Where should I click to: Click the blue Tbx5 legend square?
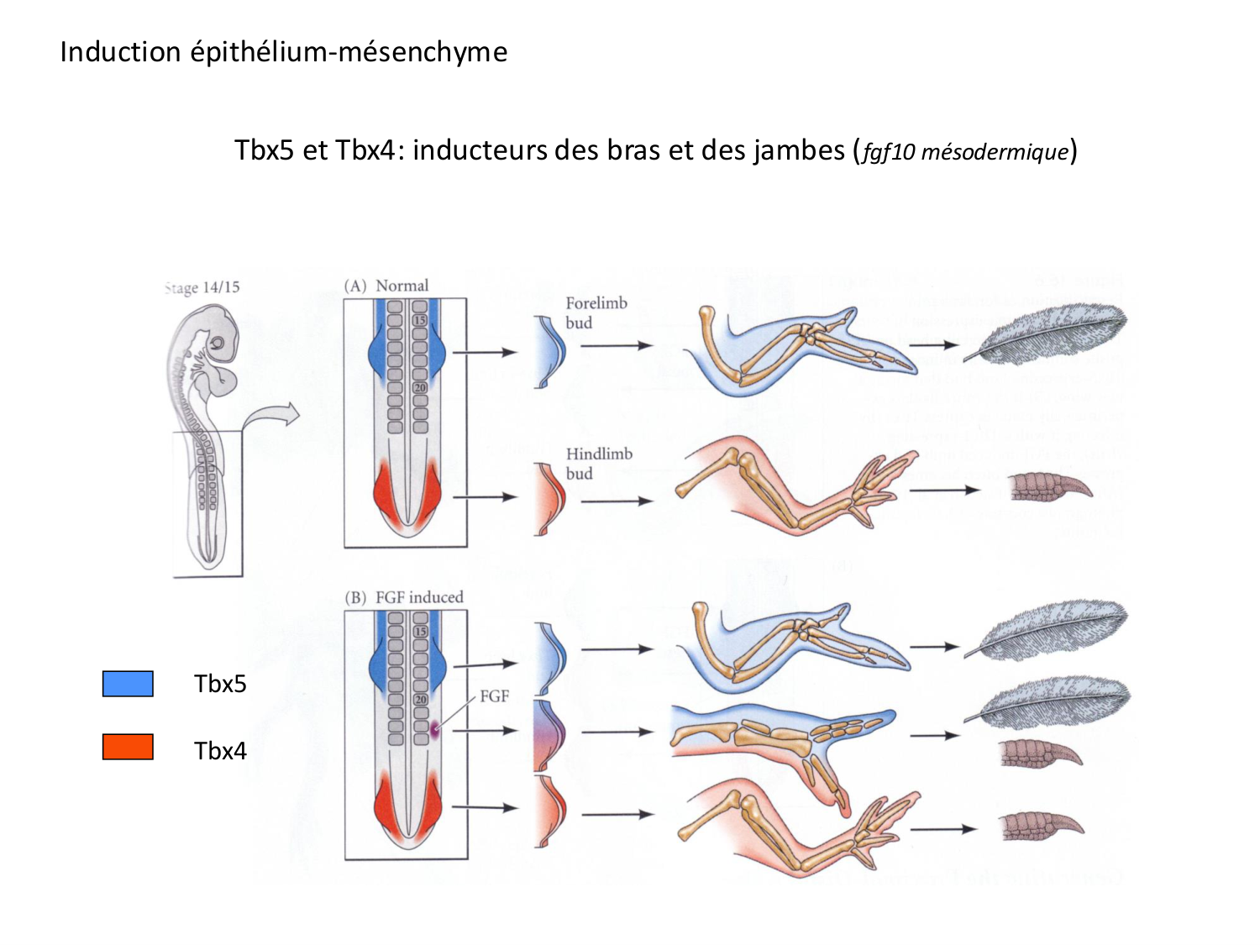pos(128,684)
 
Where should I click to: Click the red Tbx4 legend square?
pos(128,747)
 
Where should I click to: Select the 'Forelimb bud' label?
pos(596,312)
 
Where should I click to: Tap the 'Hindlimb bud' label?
pos(598,464)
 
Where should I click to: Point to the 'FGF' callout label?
pos(494,696)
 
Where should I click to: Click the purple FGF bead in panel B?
pos(435,729)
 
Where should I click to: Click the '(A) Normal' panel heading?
pos(386,286)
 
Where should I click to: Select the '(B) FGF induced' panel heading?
pos(404,597)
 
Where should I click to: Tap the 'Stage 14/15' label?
pos(202,287)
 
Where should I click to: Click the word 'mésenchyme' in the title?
pos(423,52)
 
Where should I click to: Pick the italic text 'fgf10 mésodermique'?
pos(965,152)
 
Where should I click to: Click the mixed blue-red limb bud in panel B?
pos(549,735)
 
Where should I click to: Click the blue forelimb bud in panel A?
pos(550,351)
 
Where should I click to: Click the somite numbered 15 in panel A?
pos(420,320)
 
